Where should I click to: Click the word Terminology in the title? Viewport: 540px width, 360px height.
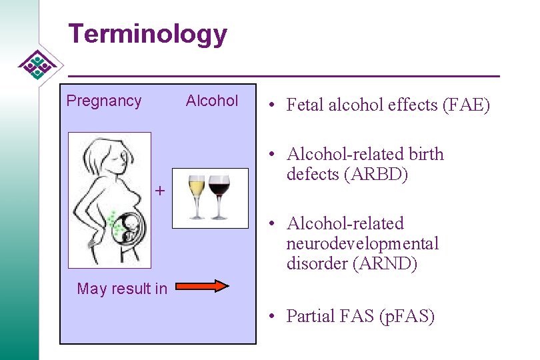click(147, 34)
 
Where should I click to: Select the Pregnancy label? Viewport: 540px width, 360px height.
click(104, 101)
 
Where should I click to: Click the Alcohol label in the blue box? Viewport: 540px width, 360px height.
click(212, 101)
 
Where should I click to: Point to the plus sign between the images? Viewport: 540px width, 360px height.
click(159, 191)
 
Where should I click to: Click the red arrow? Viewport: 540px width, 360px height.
click(202, 286)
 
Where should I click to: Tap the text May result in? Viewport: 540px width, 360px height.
click(122, 289)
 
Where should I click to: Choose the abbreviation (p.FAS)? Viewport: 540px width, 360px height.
click(407, 316)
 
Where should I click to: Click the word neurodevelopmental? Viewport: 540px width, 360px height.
click(363, 243)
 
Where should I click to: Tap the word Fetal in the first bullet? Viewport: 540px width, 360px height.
click(304, 105)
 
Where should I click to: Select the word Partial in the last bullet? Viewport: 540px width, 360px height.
click(311, 316)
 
